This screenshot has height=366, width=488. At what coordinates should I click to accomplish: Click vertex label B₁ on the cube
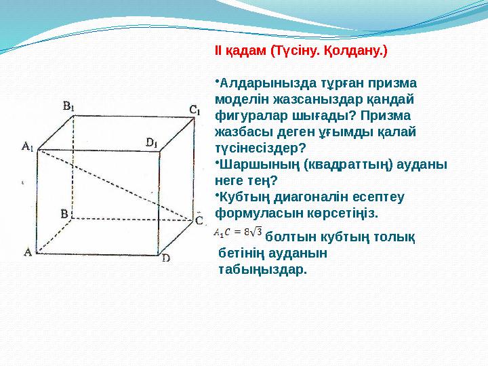[x=69, y=106]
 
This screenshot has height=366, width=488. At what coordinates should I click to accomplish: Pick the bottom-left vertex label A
[x=28, y=252]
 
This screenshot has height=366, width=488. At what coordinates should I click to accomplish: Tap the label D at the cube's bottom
[x=166, y=258]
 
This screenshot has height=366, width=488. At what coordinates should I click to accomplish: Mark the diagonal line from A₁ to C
[x=115, y=183]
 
